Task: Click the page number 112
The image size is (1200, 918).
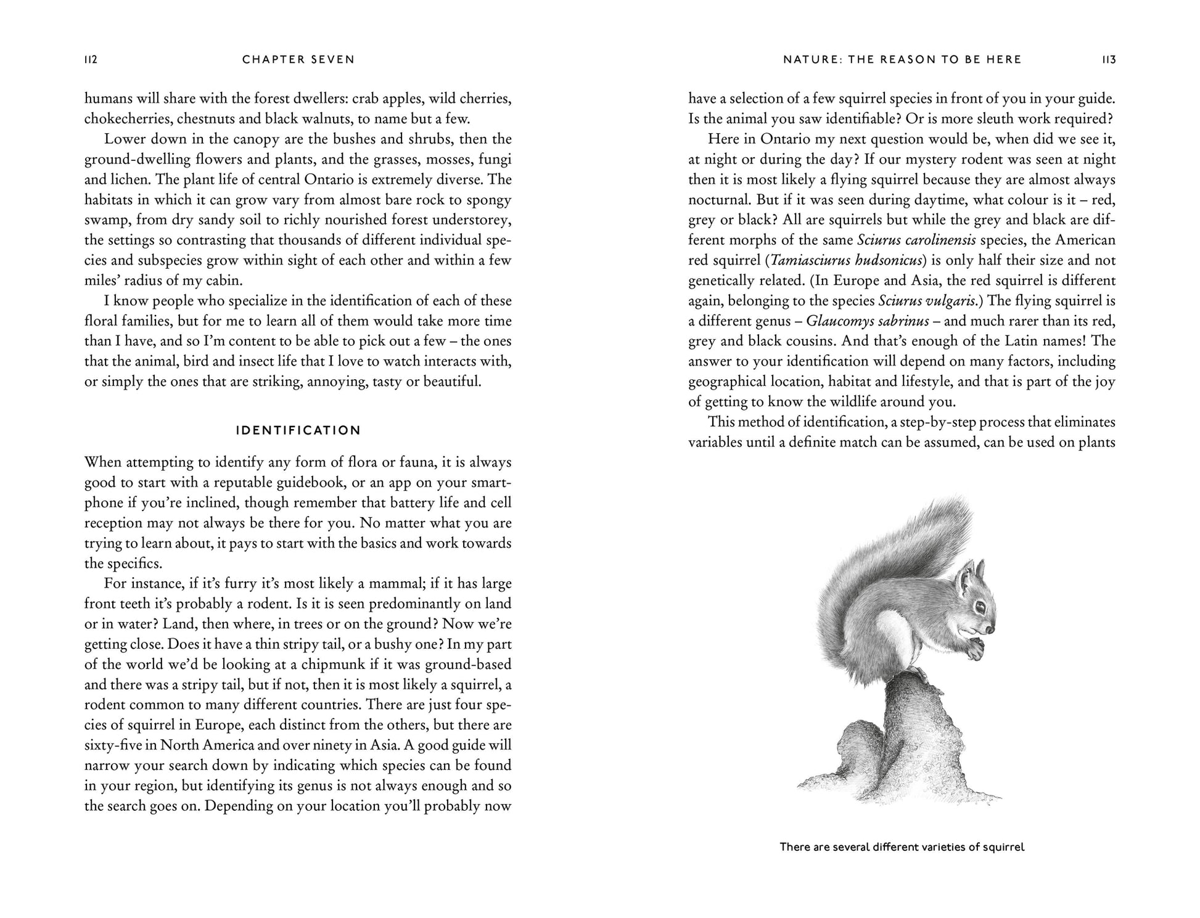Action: pos(91,60)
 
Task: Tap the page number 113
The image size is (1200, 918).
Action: pos(1109,60)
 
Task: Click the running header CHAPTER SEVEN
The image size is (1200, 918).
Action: pos(298,60)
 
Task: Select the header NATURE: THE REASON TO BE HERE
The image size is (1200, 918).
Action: pos(902,60)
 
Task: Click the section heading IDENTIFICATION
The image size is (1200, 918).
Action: pos(298,430)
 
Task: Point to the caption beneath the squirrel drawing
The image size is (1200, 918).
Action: pos(902,847)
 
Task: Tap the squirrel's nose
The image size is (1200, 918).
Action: pos(991,630)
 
